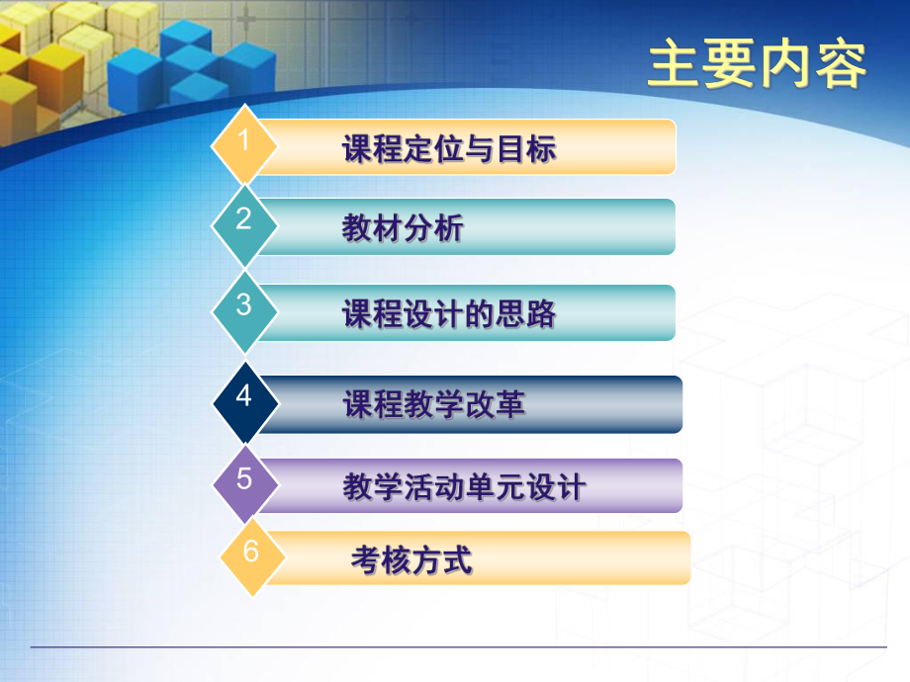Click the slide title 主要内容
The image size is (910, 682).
point(757,65)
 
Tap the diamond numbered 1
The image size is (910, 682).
point(244,142)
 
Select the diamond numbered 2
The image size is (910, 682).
point(244,221)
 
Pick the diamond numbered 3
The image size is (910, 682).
point(244,307)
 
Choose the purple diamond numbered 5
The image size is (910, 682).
point(245,481)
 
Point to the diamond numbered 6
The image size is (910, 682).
point(251,554)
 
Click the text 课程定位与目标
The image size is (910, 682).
point(448,149)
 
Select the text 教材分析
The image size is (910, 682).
point(403,228)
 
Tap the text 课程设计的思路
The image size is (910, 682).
point(448,314)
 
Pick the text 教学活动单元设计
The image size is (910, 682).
point(464,487)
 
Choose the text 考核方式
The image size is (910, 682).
point(411,560)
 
